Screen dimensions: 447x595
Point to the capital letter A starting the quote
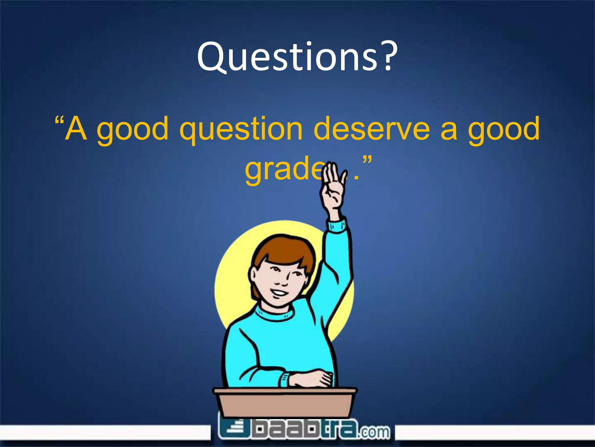(x=76, y=128)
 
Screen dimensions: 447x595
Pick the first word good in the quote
(x=132, y=130)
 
